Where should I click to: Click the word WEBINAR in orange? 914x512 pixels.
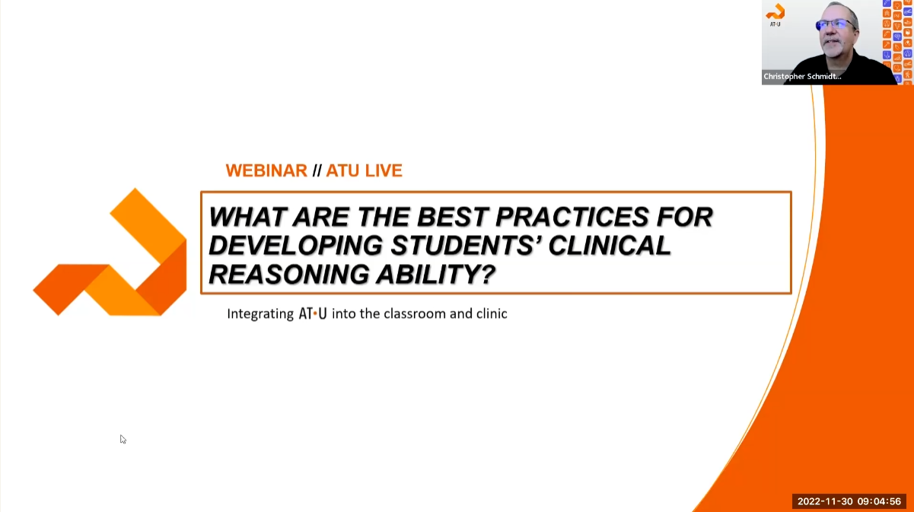266,170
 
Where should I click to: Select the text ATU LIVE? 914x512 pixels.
364,170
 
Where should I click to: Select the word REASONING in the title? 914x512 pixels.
284,274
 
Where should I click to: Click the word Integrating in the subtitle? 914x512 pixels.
260,313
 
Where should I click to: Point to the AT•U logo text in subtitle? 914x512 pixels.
313,313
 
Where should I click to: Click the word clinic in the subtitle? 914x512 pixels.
491,313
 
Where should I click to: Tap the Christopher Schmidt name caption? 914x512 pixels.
802,77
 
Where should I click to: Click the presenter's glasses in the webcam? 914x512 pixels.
836,24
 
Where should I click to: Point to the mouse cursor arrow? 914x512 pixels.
122,438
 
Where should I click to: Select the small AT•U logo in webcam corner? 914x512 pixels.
775,14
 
